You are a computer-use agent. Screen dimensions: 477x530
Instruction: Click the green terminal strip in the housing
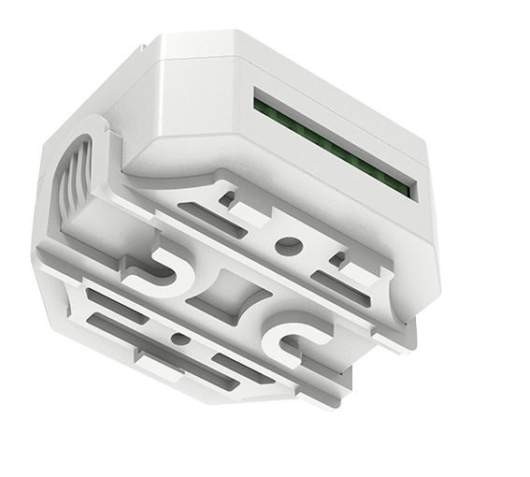coord(332,141)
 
